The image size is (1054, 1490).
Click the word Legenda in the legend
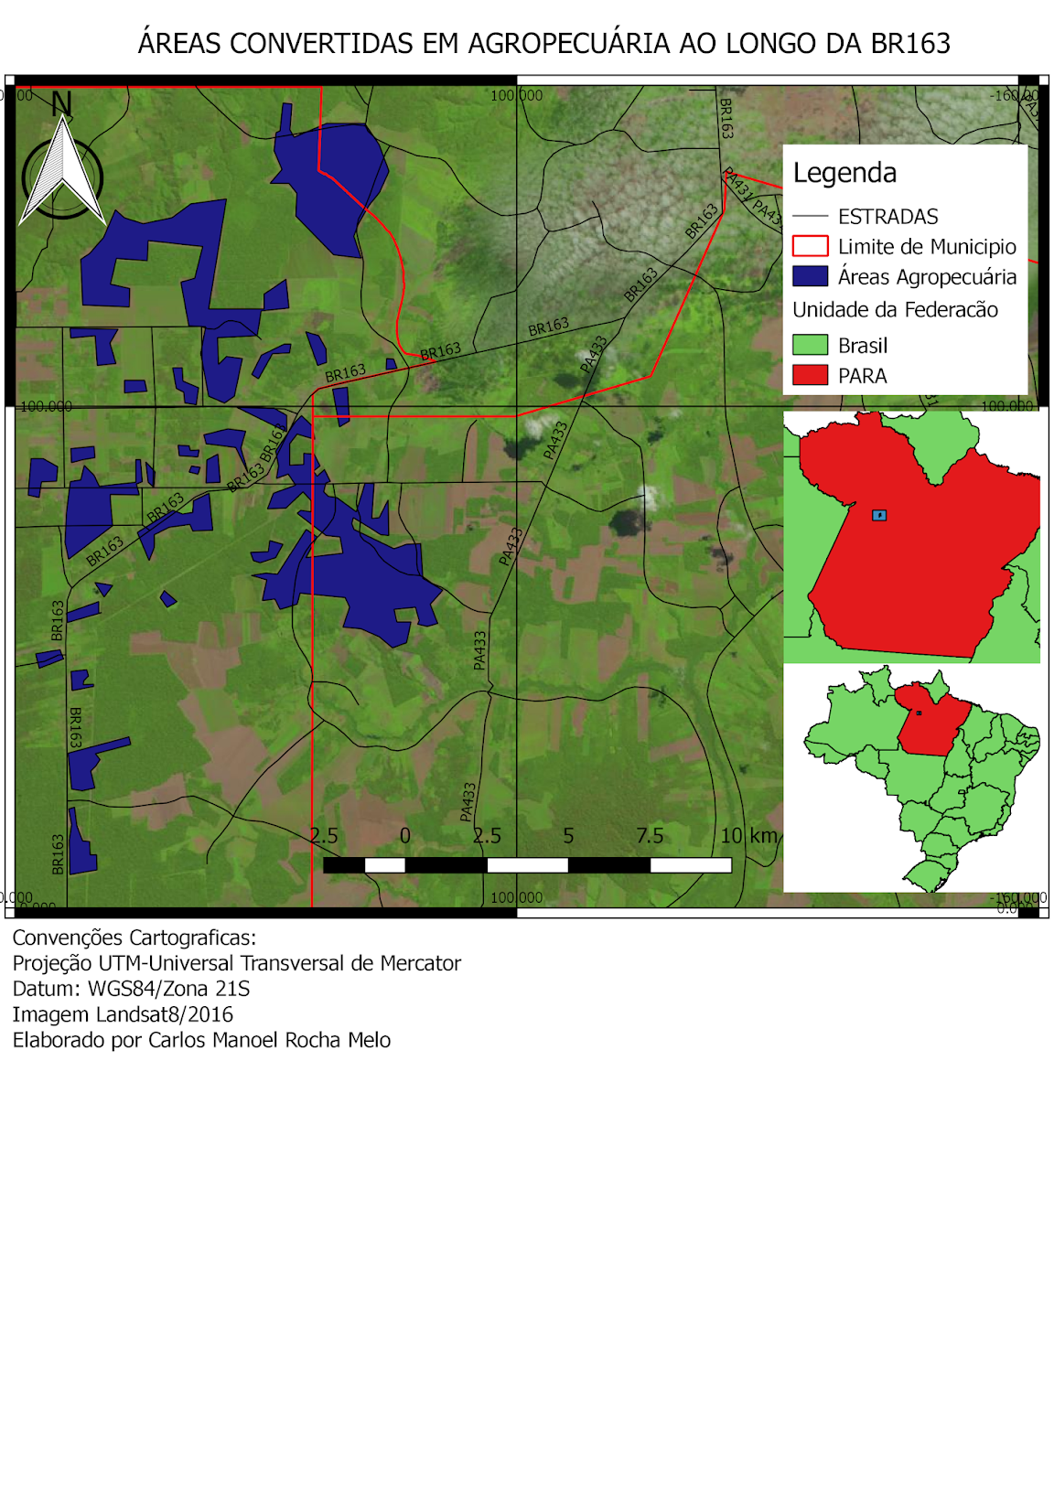click(x=844, y=173)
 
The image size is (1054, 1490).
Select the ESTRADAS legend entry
click(x=887, y=217)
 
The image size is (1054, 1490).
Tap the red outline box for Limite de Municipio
click(x=810, y=246)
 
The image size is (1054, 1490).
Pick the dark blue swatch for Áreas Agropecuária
click(x=810, y=276)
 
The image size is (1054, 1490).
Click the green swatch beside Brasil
click(x=810, y=345)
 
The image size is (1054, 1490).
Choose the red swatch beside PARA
click(x=810, y=375)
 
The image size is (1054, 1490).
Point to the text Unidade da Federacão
click(x=894, y=310)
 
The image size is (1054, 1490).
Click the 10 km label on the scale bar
click(x=748, y=835)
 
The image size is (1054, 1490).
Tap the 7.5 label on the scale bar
click(x=649, y=835)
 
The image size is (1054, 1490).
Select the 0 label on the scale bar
click(x=404, y=835)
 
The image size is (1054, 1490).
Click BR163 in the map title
click(x=909, y=43)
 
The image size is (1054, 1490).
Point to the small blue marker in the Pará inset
click(x=879, y=515)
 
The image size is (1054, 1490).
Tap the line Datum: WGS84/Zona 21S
click(x=131, y=989)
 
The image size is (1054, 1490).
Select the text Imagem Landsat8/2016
click(x=123, y=1014)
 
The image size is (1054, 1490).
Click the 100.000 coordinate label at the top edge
click(x=516, y=95)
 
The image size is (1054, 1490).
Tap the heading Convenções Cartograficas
click(x=134, y=938)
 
